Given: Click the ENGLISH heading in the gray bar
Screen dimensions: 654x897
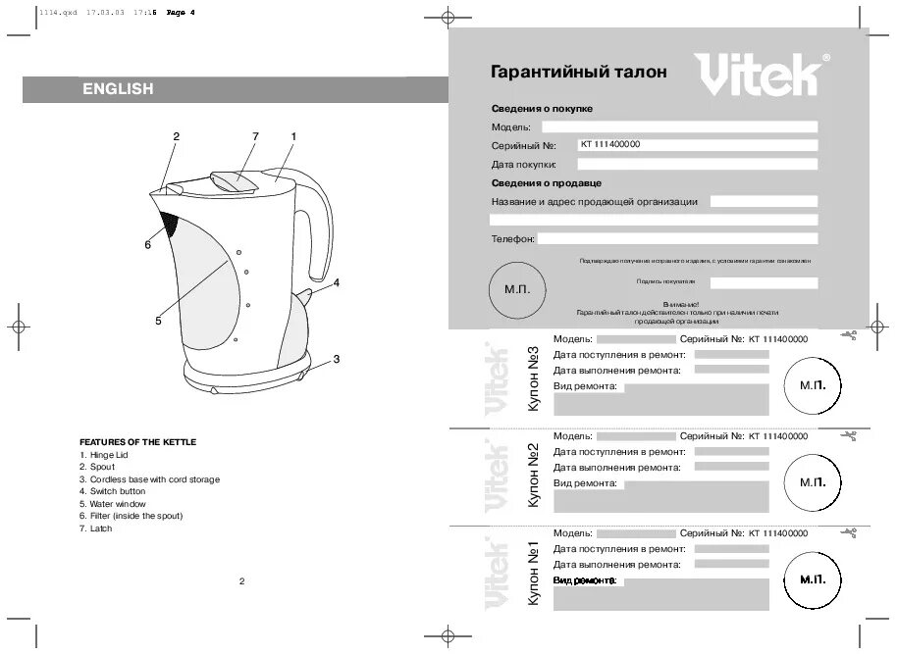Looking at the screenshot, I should tap(117, 89).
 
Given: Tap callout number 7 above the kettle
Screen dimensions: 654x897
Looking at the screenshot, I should tap(254, 136).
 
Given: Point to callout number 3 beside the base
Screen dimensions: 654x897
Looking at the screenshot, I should tap(336, 359).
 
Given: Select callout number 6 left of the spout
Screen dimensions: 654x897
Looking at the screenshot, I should tap(148, 244).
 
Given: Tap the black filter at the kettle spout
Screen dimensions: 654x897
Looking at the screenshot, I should tap(170, 225).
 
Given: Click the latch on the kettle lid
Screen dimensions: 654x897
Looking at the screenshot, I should tap(233, 181).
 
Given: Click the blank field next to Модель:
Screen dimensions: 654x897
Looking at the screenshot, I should tap(679, 126).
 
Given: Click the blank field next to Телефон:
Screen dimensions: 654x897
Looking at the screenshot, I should tap(677, 238).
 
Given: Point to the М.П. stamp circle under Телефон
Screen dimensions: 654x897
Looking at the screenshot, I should tap(517, 290).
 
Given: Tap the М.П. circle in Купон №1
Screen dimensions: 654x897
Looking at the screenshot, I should tap(813, 580).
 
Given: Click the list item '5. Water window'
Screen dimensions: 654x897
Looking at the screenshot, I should tap(112, 504).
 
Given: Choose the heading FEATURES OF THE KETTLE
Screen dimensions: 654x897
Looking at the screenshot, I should tap(137, 442).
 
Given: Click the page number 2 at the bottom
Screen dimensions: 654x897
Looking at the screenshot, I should tap(241, 581).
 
